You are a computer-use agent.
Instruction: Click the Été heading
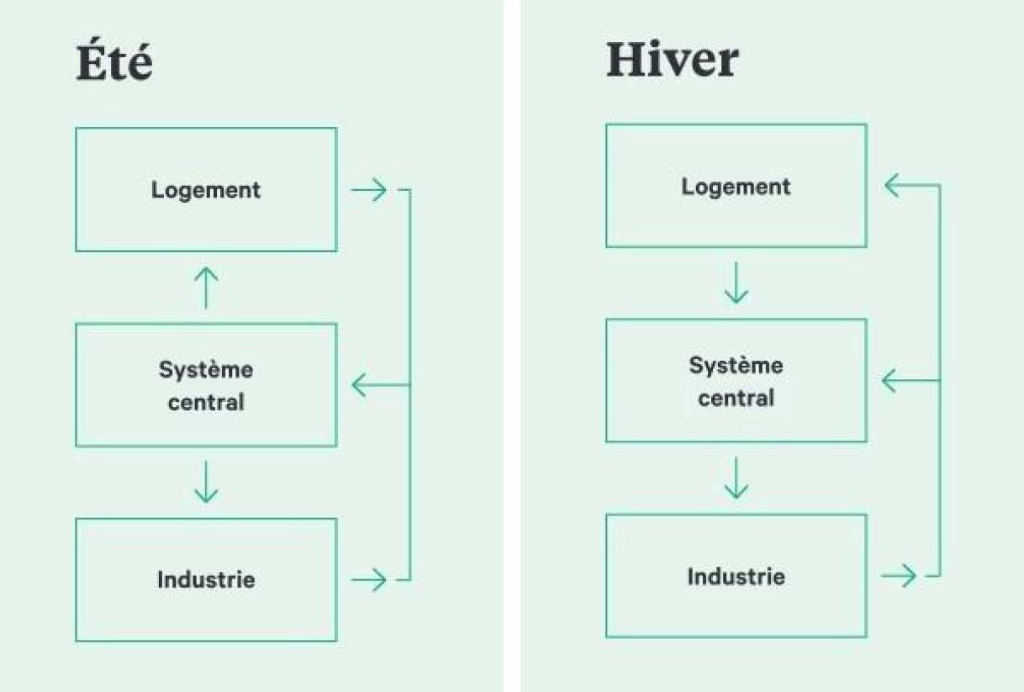pos(114,62)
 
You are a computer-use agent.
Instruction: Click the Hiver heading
pos(672,61)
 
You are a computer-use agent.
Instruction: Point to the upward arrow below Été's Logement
pos(206,288)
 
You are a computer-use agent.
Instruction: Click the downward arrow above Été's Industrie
pos(206,482)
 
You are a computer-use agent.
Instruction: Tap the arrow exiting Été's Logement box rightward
pos(369,191)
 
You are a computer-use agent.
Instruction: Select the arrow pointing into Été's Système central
pos(369,385)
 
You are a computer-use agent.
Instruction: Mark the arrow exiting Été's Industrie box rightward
pos(369,579)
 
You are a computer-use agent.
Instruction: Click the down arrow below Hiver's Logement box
pos(736,283)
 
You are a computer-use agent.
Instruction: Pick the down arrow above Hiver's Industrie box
pos(736,478)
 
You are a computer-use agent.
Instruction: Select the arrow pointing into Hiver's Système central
pos(899,381)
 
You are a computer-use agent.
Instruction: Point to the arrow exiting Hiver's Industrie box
pos(899,576)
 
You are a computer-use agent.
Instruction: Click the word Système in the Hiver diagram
pos(736,366)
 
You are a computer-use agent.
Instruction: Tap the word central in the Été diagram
pos(206,402)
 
